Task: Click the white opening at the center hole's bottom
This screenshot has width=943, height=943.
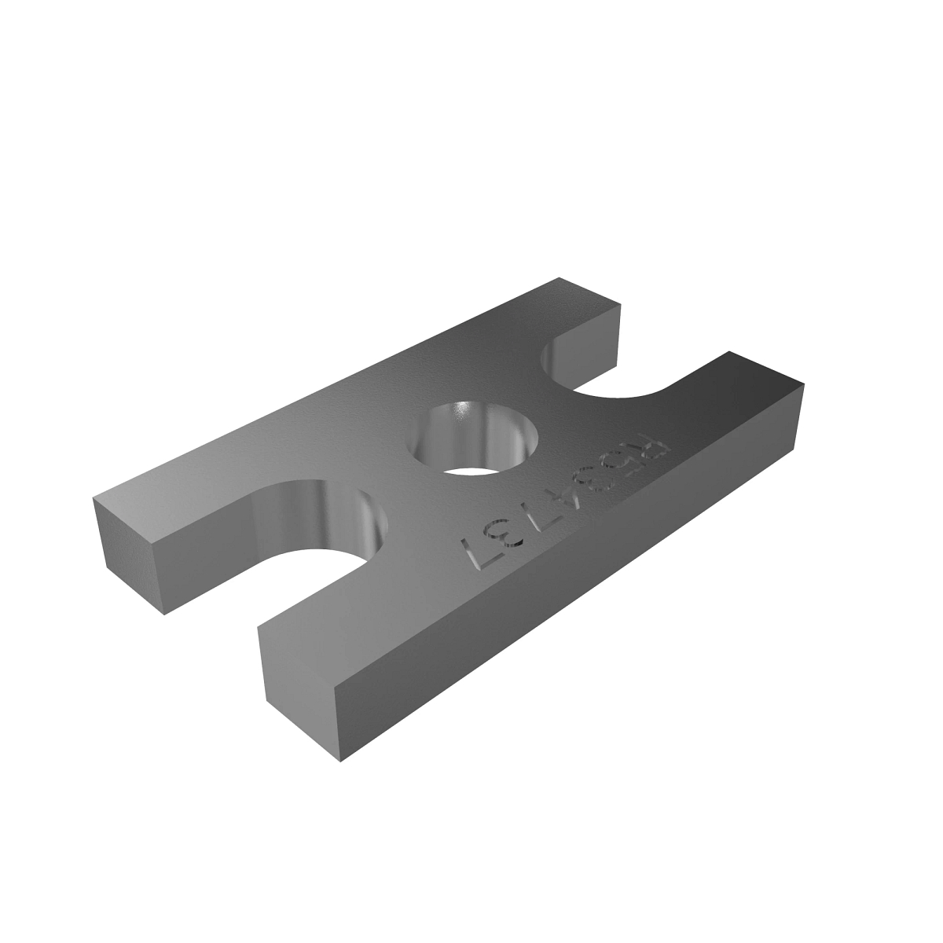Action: pos(476,470)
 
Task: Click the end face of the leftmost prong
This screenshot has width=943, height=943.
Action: pos(130,554)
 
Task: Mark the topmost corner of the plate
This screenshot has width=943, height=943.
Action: pos(560,277)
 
